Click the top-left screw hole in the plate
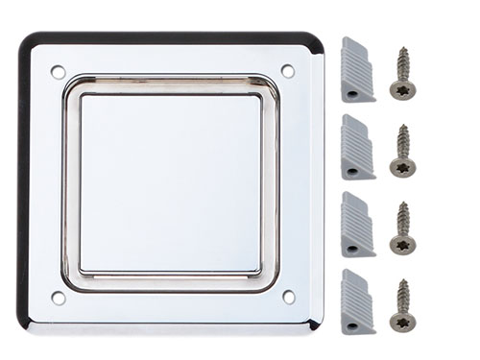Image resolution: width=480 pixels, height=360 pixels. click(58, 71)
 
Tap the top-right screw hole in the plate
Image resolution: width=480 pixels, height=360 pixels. click(287, 70)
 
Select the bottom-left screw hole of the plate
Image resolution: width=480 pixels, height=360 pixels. click(58, 298)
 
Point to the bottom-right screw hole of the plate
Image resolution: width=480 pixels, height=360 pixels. click(288, 297)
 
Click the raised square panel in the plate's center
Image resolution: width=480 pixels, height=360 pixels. click(170, 182)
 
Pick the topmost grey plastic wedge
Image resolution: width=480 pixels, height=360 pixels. click(356, 69)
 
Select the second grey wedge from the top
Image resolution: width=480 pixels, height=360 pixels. click(356, 146)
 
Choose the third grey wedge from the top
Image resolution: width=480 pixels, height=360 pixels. click(356, 223)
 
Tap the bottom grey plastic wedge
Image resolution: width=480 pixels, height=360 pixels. click(356, 300)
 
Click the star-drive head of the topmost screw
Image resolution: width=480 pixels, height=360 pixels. click(403, 89)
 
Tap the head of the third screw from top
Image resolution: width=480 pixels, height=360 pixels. click(403, 245)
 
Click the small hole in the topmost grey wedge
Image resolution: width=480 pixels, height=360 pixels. click(351, 93)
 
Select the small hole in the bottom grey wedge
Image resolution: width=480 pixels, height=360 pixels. click(351, 325)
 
